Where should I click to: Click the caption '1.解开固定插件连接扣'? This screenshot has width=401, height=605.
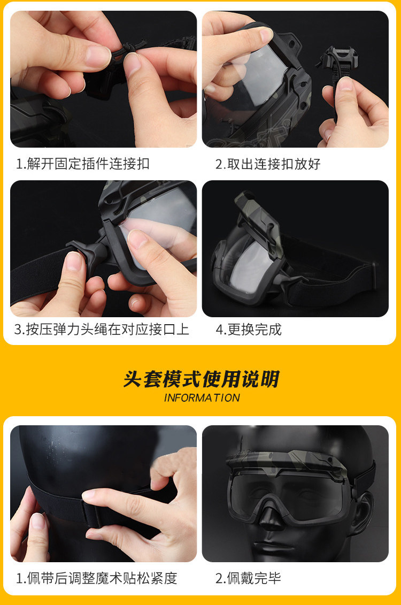82,164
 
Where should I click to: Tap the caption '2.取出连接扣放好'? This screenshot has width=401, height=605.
268,164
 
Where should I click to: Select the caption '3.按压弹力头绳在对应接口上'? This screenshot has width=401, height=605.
102,329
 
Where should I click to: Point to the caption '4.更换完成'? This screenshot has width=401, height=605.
249,329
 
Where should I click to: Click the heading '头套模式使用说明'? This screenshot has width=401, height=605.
201,379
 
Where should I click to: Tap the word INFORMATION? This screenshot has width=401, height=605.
202,397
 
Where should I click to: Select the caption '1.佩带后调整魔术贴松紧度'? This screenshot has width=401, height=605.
96,578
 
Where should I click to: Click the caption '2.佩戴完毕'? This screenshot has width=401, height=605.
248,578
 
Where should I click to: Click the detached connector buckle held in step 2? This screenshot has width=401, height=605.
336,64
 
